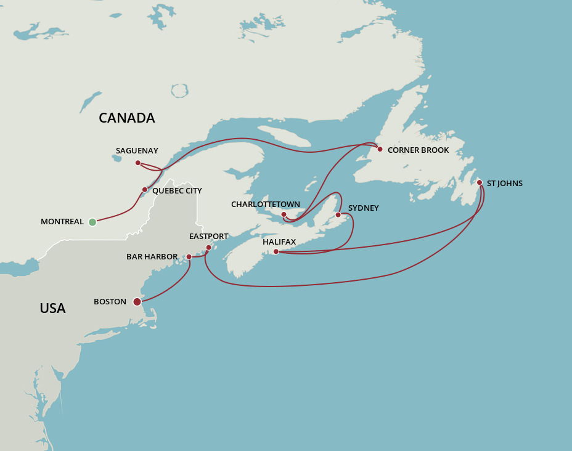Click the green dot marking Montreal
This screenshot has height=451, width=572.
click(x=92, y=222)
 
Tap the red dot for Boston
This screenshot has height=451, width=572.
click(x=137, y=302)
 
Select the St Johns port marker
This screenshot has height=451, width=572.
click(x=480, y=182)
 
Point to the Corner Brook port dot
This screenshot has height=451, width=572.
click(x=380, y=149)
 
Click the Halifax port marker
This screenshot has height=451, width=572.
click(x=276, y=251)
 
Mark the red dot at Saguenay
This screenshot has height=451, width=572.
click(x=137, y=163)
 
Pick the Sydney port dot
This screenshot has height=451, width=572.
click(x=338, y=214)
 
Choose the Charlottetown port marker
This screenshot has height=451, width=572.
click(x=284, y=214)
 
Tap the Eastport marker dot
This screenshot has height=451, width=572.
click(x=208, y=247)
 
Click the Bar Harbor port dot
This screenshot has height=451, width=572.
click(x=189, y=257)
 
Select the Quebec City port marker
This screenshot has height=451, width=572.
click(x=145, y=189)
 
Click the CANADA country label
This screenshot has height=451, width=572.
click(x=126, y=118)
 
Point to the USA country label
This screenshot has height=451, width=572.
click(x=52, y=308)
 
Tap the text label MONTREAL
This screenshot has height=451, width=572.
click(x=62, y=222)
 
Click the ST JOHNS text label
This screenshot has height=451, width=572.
click(x=505, y=184)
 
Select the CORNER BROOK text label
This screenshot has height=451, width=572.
click(x=418, y=150)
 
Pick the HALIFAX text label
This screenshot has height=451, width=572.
click(x=279, y=242)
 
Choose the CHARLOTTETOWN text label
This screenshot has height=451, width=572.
click(x=266, y=205)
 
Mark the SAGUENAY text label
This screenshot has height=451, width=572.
click(x=137, y=150)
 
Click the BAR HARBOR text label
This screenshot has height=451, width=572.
click(x=152, y=257)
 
